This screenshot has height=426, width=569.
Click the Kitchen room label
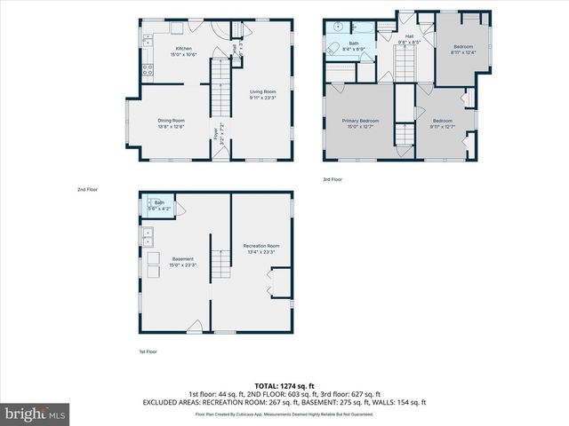pos(184,51)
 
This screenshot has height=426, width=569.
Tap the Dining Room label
pos(172,123)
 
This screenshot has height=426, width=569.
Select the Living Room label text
pos(262,95)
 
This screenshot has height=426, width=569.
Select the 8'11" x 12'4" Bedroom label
pos(463,49)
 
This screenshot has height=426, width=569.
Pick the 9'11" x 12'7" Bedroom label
pos(442,123)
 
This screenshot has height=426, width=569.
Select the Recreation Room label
pos(261,248)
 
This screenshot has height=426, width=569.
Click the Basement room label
pos(183,262)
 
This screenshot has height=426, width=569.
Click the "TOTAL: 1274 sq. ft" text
pos(284,386)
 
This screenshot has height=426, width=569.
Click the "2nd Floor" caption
pos(86,190)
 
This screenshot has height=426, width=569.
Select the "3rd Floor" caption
pos(332,180)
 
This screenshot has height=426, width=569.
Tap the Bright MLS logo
pos(36,414)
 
